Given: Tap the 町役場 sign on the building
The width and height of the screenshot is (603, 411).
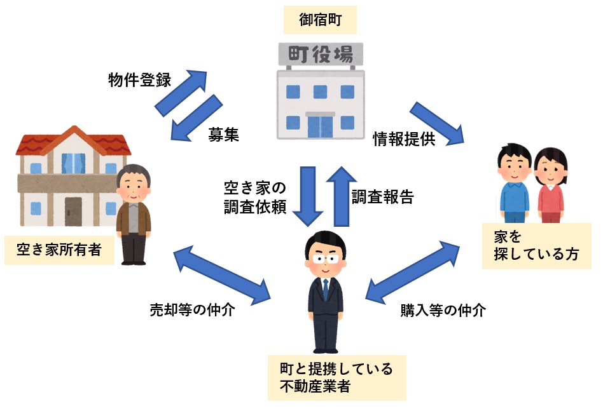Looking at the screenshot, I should [320, 55].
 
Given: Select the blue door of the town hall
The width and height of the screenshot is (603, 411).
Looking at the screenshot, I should [320, 125].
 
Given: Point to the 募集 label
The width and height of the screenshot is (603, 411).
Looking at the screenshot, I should [224, 135].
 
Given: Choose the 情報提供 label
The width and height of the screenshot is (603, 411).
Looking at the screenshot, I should [404, 140].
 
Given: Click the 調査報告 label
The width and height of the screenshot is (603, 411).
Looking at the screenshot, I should [383, 197].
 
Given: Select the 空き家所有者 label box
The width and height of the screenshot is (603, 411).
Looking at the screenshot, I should [59, 250].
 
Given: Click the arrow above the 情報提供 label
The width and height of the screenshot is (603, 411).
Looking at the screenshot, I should [437, 121].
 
